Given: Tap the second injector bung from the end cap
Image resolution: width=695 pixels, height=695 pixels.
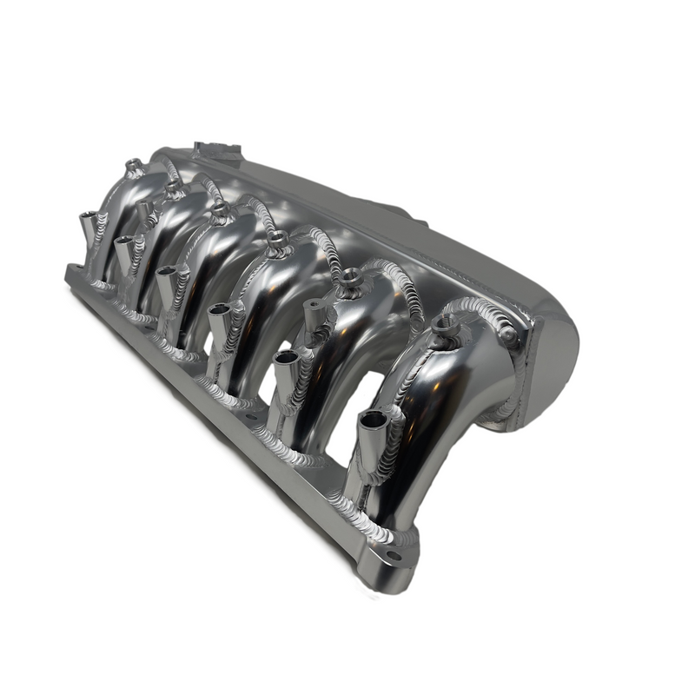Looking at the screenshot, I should [x=285, y=361].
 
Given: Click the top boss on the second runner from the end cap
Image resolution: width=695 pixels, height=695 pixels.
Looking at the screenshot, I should [x=349, y=276].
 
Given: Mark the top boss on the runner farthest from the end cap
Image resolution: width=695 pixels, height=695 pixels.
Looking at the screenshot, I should [x=132, y=164].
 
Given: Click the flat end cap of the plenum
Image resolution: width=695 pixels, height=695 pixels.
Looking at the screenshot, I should [x=556, y=365].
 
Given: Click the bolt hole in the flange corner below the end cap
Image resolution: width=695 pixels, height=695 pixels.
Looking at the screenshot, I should [x=393, y=556].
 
